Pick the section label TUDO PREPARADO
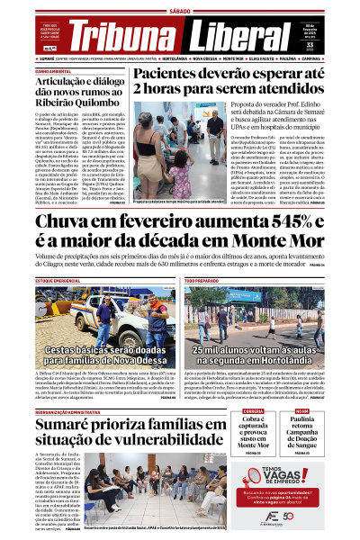point(202,281)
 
